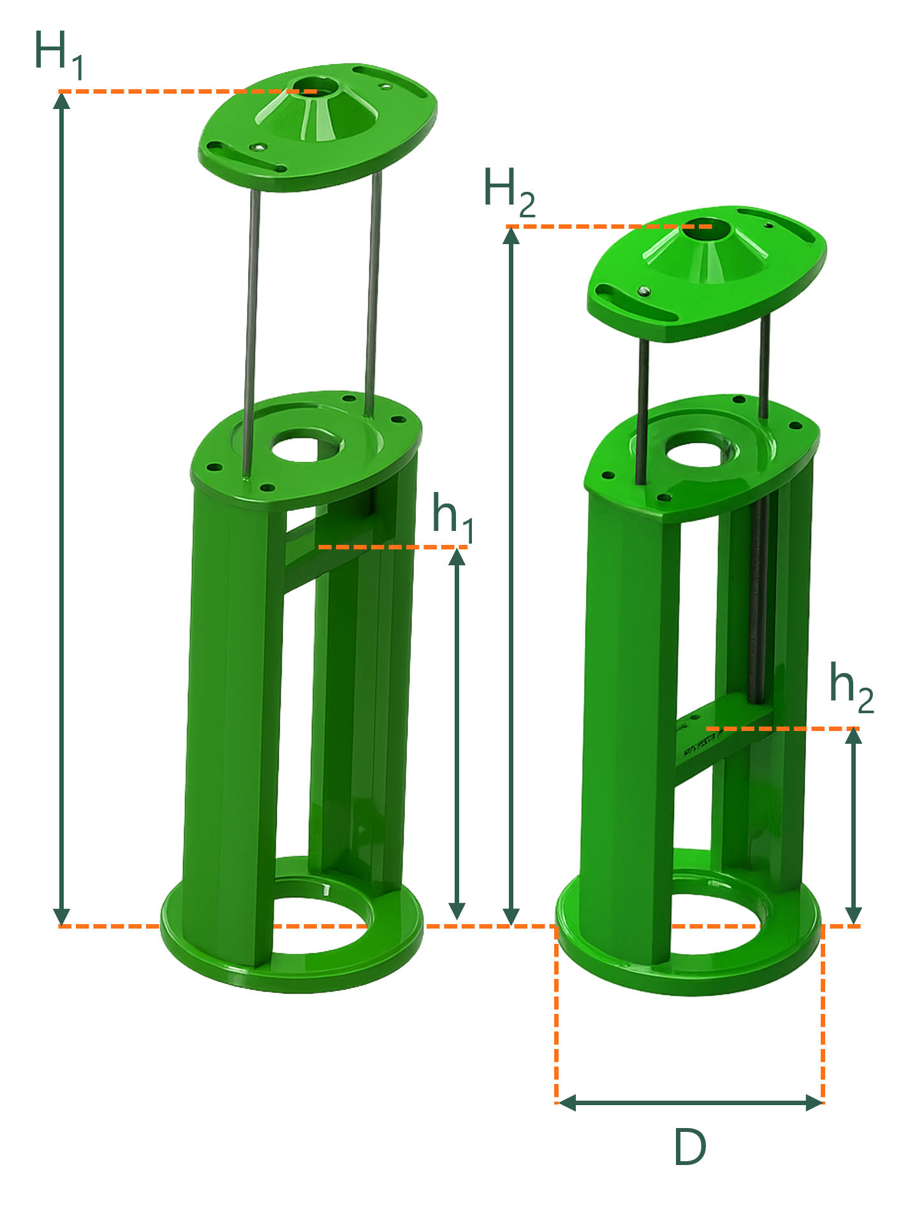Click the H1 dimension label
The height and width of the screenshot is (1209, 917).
[59, 55]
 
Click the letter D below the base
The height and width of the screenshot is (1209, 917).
[690, 1147]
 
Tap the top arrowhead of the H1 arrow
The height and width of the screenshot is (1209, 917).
[61, 100]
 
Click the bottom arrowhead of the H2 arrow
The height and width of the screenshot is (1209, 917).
[511, 916]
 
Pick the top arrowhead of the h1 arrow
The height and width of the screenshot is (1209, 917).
[457, 556]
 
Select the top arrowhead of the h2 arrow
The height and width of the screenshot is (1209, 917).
[853, 737]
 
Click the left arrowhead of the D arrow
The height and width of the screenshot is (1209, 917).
[567, 1103]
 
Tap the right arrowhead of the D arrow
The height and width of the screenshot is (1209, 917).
[814, 1103]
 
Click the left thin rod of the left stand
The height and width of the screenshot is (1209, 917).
[251, 331]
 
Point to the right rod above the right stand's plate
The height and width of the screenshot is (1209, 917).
[765, 366]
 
